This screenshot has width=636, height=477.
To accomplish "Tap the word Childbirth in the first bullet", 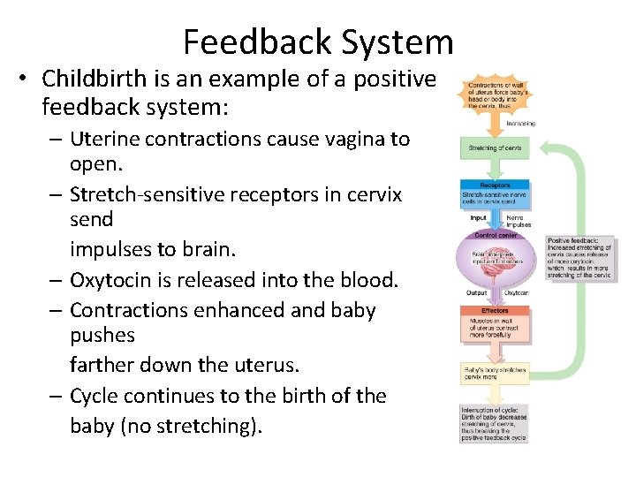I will click(95, 79).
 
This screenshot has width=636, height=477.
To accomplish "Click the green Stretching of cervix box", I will click(494, 148).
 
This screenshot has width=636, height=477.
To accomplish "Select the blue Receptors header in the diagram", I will click(494, 185).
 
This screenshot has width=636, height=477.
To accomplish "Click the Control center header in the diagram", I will click(494, 236).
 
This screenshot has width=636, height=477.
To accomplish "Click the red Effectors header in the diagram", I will click(494, 311).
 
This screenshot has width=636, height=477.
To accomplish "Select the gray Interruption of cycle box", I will click(494, 424).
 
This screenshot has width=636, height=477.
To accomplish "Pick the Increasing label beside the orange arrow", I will click(521, 124).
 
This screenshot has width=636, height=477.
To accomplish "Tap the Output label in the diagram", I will click(476, 293).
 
